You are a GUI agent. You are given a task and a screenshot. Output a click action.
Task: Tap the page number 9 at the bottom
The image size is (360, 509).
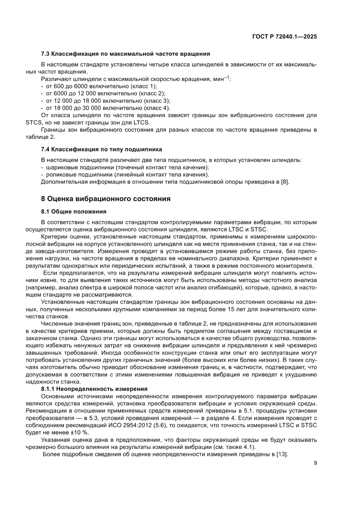(x=315, y=488)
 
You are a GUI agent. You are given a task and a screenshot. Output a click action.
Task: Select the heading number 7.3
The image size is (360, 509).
(x=45, y=54)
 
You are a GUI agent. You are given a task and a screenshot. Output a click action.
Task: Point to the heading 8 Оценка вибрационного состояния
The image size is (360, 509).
(x=105, y=199)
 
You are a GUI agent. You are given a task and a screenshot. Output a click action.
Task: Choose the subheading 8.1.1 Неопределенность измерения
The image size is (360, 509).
(x=94, y=388)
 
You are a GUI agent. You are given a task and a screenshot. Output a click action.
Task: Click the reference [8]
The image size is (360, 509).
(x=285, y=182)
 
